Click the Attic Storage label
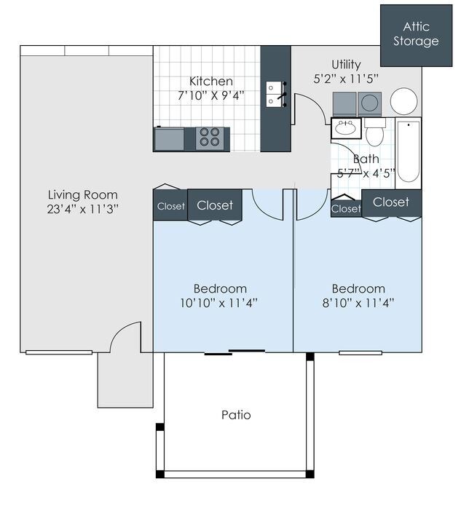(416, 34)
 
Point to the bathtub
(409, 152)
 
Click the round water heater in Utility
(404, 102)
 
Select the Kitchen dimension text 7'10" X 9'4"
(211, 95)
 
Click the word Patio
(236, 415)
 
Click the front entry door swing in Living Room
(124, 336)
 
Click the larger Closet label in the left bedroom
(215, 205)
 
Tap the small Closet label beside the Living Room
(171, 206)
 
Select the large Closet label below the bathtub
(391, 202)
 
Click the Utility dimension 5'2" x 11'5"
(346, 79)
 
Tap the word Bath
(366, 159)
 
